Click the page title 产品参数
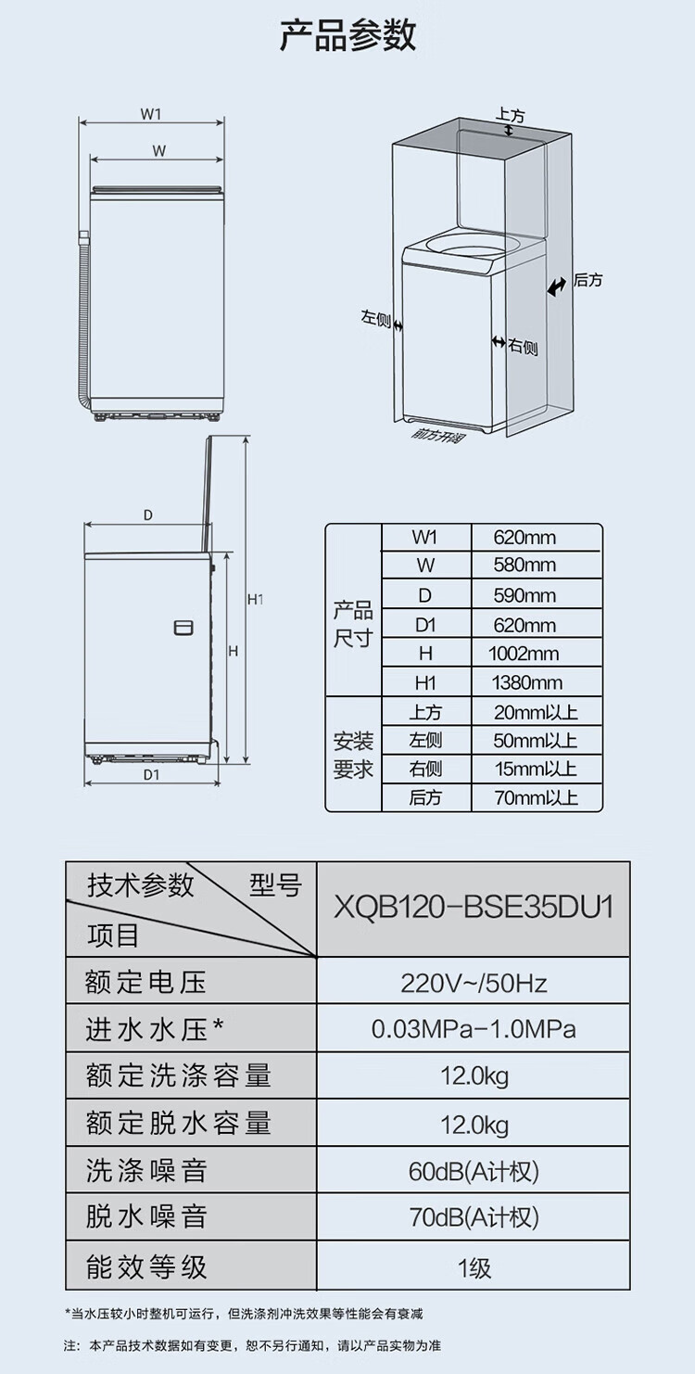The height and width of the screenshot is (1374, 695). pos(347,35)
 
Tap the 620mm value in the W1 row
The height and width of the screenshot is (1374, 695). pos(524,538)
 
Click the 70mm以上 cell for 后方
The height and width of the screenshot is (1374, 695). pos(536,797)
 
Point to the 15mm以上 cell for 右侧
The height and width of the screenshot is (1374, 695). pos(536,769)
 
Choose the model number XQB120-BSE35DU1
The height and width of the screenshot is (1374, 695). pos(474,906)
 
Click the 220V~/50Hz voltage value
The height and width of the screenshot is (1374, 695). pos(474,982)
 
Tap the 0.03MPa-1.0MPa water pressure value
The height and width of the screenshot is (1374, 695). pos(474,1029)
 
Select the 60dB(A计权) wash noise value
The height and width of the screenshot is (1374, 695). pos(474,1172)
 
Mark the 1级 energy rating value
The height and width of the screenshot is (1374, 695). pos(474,1267)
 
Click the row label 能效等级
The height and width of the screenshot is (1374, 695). pos(146,1267)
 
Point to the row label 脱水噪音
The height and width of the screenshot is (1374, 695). pos(146,1217)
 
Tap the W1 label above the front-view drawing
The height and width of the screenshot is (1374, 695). pos(152,114)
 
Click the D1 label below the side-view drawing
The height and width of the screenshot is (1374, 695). pos(152,775)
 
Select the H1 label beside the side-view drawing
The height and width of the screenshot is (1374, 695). pos(256,600)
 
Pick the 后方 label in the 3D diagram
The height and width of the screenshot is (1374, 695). pos(588,280)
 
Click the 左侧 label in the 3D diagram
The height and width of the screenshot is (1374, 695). pos(375,318)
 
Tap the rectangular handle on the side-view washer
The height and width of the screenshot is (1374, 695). pos(183,628)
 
